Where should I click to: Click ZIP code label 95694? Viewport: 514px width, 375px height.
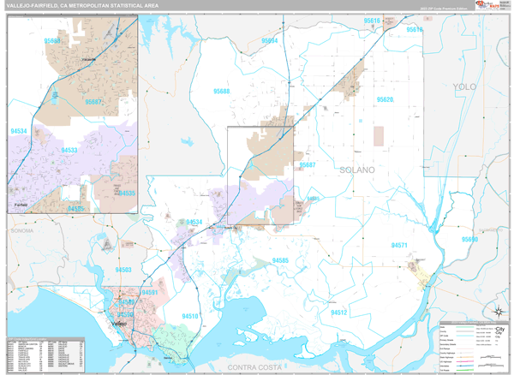click(270, 40)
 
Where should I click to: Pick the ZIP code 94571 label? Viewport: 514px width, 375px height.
click(404, 246)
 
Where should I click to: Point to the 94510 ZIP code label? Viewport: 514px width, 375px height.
click(188, 316)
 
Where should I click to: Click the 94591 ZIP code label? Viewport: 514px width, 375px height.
click(152, 293)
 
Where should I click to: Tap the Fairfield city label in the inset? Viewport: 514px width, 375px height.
click(22, 206)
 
